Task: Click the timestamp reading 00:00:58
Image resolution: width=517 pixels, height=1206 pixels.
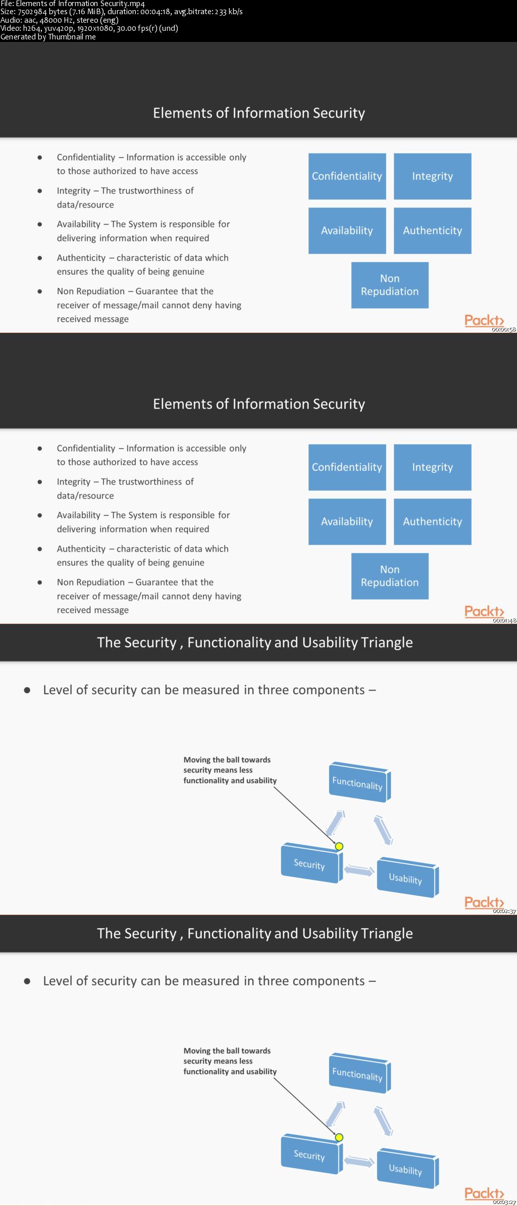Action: click(504, 329)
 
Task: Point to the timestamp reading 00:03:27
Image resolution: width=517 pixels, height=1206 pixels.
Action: click(504, 1202)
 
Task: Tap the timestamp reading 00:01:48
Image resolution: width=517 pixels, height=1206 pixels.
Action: click(504, 620)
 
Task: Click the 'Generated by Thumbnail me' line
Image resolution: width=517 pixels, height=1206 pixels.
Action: click(48, 37)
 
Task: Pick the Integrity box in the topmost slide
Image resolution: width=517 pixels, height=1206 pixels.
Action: click(432, 176)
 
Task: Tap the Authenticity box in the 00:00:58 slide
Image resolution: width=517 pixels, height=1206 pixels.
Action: click(432, 230)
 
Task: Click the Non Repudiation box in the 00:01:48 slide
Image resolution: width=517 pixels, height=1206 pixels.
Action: click(390, 576)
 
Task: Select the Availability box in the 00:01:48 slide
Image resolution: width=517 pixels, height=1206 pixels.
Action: click(347, 521)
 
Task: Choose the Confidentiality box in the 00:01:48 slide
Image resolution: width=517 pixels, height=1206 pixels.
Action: click(347, 467)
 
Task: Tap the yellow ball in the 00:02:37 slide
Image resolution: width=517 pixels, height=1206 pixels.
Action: click(339, 846)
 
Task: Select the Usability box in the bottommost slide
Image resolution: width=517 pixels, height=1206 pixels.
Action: click(406, 1169)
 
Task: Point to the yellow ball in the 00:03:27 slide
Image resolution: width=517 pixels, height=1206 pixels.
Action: click(339, 1137)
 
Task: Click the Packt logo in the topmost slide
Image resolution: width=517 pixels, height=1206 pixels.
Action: click(484, 320)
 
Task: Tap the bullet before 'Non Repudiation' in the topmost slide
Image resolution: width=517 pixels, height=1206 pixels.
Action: click(40, 292)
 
